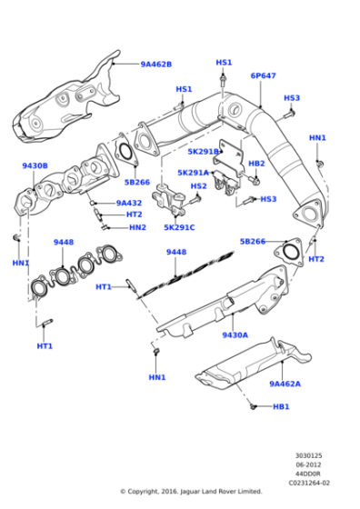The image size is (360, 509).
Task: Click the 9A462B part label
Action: point(155,65)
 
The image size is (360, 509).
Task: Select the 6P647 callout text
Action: point(263,76)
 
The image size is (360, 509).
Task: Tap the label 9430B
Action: point(35,166)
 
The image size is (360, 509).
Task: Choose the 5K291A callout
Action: point(193,173)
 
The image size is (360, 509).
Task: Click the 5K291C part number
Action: point(179,227)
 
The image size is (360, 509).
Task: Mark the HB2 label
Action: point(256,164)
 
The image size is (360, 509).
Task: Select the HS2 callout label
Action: point(198,186)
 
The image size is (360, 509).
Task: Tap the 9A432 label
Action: point(129,204)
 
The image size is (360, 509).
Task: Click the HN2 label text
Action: point(137,227)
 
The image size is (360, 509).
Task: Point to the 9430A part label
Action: point(235,335)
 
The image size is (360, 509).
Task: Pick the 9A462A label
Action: point(285,384)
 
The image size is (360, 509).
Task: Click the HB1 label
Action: point(281,406)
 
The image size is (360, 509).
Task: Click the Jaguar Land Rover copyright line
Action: point(191,492)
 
